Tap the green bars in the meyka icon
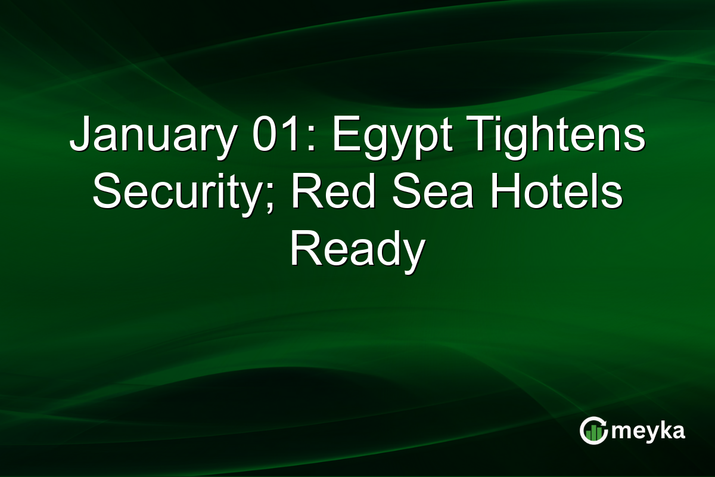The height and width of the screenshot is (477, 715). [x=594, y=433]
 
